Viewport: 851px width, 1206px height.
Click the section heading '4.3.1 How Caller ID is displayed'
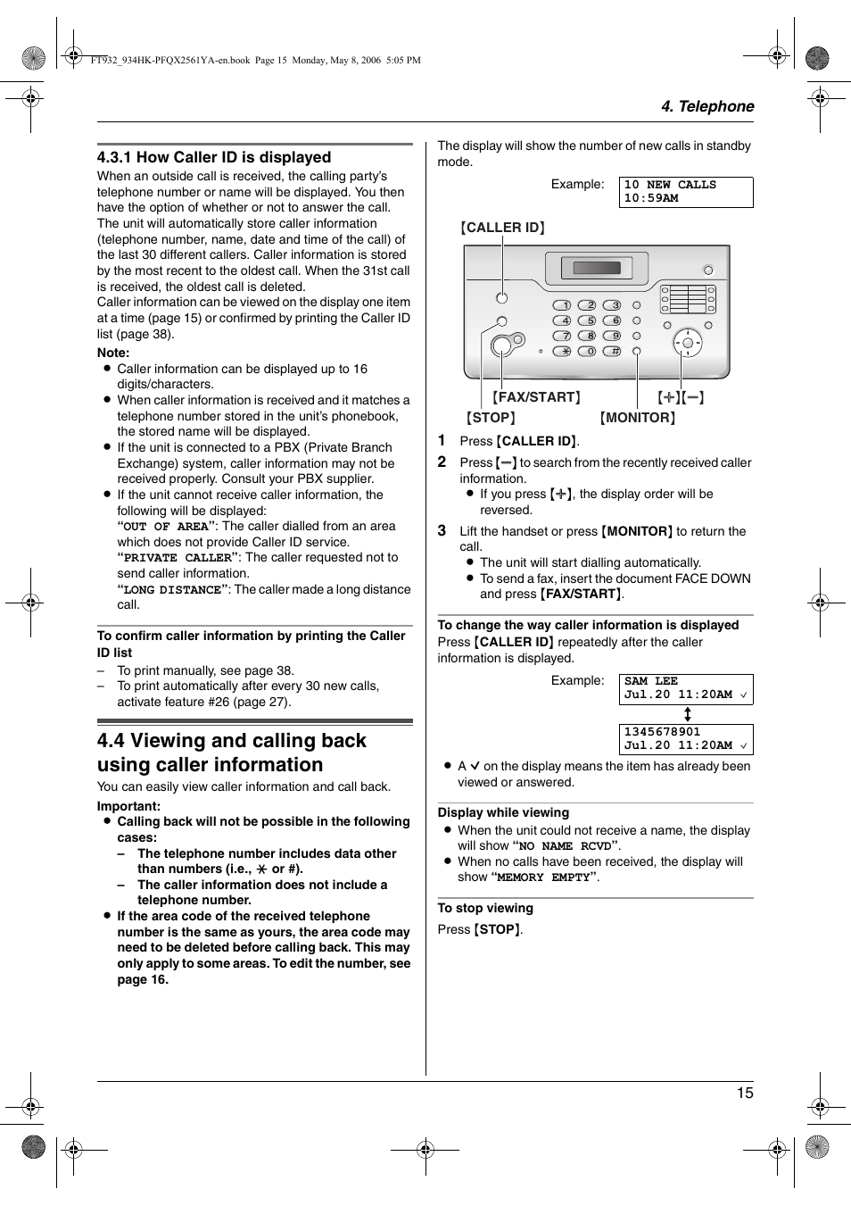click(x=214, y=157)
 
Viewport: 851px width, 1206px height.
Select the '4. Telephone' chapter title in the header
click(x=706, y=106)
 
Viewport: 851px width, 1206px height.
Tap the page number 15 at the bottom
click(x=744, y=1093)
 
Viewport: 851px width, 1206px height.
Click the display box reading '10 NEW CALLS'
click(x=685, y=192)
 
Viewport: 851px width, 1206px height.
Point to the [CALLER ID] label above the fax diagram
click(x=502, y=228)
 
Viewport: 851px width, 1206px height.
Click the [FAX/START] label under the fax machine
click(x=536, y=397)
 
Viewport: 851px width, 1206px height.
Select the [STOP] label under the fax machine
click(x=491, y=418)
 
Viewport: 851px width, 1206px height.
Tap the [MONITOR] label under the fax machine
click(x=637, y=418)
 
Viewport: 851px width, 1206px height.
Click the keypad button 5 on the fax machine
click(x=587, y=320)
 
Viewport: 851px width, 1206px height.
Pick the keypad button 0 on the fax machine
click(x=587, y=351)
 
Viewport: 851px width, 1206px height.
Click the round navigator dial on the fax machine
click(x=687, y=342)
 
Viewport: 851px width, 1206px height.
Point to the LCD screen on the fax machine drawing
click(x=597, y=268)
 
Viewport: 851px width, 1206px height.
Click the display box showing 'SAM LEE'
click(x=685, y=688)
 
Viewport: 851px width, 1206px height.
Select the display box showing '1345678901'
click(x=685, y=738)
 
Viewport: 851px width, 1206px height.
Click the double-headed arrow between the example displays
click(x=687, y=714)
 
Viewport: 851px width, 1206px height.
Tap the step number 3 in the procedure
click(x=442, y=530)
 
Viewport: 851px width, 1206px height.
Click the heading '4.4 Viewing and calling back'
click(x=232, y=741)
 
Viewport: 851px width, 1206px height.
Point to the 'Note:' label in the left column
click(x=113, y=353)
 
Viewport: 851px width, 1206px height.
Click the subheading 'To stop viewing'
click(x=485, y=908)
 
